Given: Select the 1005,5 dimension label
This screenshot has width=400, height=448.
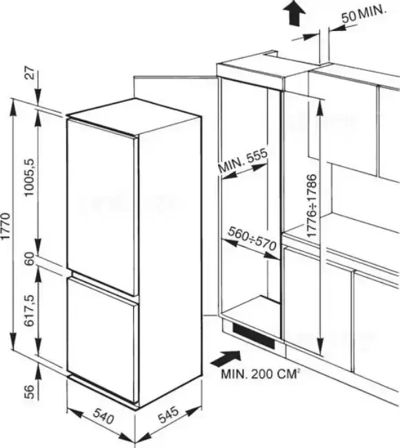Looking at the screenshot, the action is click(30, 177).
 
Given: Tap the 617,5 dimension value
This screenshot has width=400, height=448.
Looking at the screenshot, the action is click(30, 311).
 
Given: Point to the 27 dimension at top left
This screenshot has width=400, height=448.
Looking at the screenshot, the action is click(30, 73).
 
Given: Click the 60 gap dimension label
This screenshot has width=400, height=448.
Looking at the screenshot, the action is click(30, 259).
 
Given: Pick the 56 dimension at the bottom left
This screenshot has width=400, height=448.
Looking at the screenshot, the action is click(30, 391).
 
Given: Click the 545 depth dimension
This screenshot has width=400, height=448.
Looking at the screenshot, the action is click(169, 414).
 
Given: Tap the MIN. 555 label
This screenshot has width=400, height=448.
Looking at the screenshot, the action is click(243, 161).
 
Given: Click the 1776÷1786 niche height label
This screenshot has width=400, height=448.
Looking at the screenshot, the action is click(312, 205).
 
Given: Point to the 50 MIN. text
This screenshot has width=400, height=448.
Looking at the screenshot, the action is click(364, 14).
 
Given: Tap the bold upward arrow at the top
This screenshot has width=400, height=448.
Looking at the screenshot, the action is click(294, 13).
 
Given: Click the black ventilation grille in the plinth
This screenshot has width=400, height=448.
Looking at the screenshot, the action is click(254, 336).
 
